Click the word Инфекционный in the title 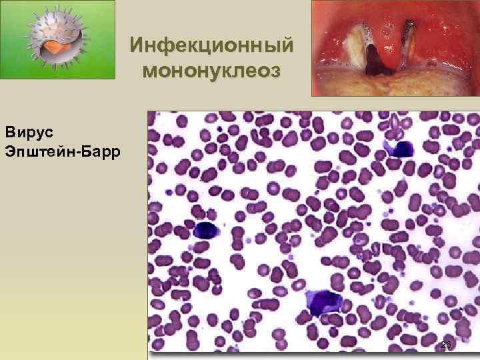point(212,45)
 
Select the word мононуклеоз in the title point(212,69)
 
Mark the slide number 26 point(446,345)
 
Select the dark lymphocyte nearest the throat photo point(400,148)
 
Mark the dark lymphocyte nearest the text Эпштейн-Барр point(207,231)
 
